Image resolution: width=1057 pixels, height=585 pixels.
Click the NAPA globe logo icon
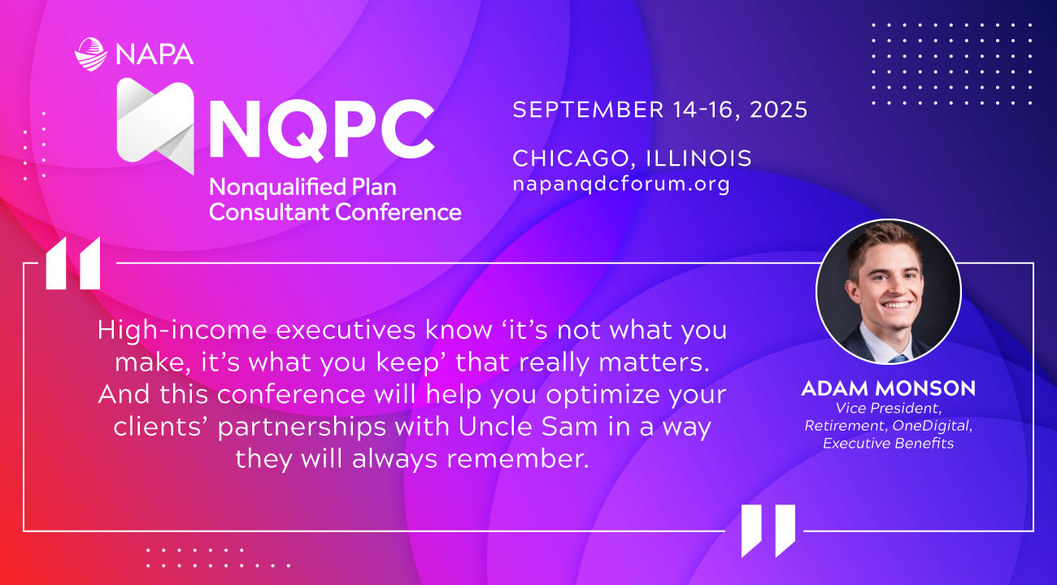tap(90, 54)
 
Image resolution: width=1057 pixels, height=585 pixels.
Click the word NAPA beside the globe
tap(154, 54)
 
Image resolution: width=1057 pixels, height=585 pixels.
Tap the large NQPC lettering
tap(321, 128)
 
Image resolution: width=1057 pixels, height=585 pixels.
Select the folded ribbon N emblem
tap(155, 126)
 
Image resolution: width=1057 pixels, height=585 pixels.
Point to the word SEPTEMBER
tap(589, 110)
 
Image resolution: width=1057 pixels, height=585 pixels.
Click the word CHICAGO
tap(572, 158)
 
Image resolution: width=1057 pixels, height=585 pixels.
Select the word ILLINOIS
tap(699, 158)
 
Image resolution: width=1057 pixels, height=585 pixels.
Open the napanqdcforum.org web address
tap(621, 184)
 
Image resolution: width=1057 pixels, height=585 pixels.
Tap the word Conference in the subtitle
tap(398, 212)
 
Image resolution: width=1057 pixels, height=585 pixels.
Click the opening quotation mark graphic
tap(73, 263)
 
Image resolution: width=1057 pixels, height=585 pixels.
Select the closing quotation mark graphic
tap(768, 531)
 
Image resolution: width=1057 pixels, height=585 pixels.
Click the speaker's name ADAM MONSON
tap(889, 388)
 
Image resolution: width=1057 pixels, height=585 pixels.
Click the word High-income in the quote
tap(182, 331)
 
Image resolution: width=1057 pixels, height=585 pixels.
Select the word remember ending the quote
tap(518, 458)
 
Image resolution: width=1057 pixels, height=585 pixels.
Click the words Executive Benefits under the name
tap(888, 443)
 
